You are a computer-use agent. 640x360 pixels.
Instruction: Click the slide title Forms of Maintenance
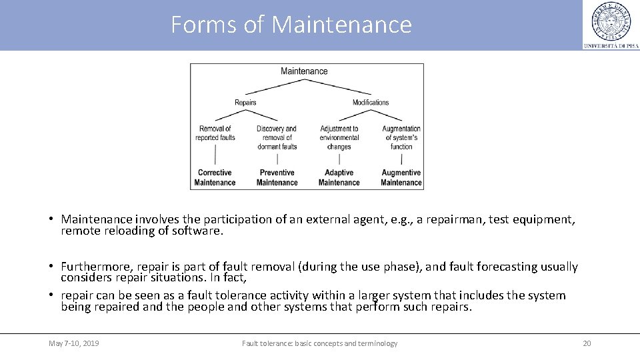(x=291, y=25)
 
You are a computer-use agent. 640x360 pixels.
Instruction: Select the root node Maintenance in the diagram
(x=304, y=71)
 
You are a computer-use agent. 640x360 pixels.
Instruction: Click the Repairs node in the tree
(x=245, y=103)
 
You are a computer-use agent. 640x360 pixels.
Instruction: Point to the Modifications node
(x=371, y=103)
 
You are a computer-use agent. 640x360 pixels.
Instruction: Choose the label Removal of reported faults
(x=215, y=133)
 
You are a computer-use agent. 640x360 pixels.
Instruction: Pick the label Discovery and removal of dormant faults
(x=277, y=137)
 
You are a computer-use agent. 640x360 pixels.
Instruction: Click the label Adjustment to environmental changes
(x=339, y=137)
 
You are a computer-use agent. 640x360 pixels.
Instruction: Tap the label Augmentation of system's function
(x=401, y=137)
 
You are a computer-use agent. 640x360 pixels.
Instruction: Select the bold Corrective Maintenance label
(x=215, y=177)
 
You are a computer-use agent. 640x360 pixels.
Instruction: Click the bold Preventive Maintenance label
(x=277, y=177)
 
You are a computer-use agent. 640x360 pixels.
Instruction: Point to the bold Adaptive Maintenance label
(x=339, y=177)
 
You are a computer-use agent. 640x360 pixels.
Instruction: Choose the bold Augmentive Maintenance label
(x=401, y=177)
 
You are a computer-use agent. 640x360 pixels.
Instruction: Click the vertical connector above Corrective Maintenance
(x=215, y=155)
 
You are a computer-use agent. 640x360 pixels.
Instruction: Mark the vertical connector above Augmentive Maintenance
(x=401, y=159)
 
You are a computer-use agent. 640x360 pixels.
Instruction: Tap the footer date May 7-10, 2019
(x=74, y=343)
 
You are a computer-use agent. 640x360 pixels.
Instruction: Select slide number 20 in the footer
(x=587, y=343)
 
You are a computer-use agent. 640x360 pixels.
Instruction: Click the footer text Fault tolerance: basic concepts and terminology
(x=319, y=343)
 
